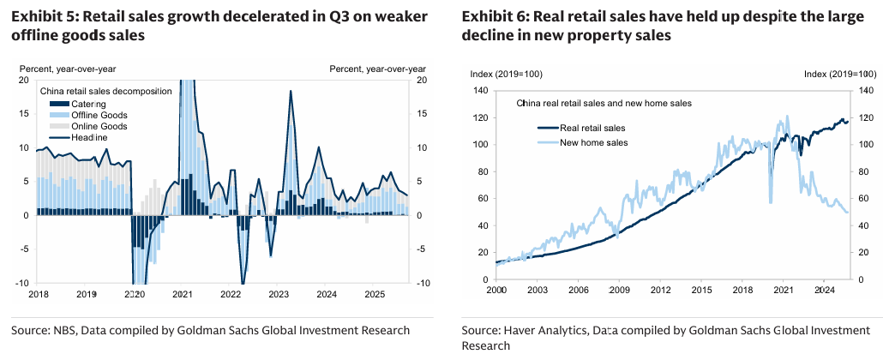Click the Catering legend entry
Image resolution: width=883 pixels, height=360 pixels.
coord(87,104)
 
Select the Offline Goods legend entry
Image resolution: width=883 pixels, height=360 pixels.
coord(99,115)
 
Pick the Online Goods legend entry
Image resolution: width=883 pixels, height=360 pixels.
coord(98,126)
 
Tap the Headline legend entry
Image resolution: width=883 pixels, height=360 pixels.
coord(89,137)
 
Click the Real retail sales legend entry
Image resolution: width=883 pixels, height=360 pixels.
coord(591,129)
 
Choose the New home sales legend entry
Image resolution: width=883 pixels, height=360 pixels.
coord(592,141)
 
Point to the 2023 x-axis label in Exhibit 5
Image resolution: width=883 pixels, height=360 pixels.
coord(279,293)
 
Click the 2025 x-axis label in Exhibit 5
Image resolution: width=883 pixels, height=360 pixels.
coord(375,293)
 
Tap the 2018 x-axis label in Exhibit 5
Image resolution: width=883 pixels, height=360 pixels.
coord(39,293)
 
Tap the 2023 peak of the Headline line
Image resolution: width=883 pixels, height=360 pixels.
coord(291,91)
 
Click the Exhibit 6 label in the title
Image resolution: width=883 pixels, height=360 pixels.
coord(495,15)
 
